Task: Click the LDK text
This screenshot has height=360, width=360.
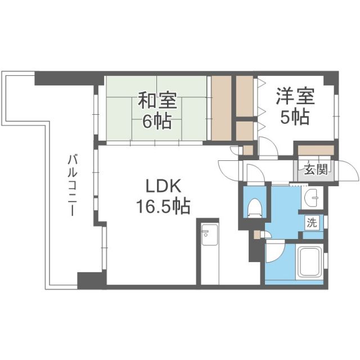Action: [161, 186]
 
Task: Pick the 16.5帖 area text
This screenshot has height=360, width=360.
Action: [161, 207]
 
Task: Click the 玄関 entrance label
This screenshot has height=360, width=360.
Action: [316, 169]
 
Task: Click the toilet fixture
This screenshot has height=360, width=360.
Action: [253, 208]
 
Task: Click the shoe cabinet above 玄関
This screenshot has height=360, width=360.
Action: [316, 150]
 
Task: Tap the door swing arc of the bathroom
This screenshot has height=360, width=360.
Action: [276, 253]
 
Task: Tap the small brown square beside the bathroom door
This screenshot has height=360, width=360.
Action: [257, 233]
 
